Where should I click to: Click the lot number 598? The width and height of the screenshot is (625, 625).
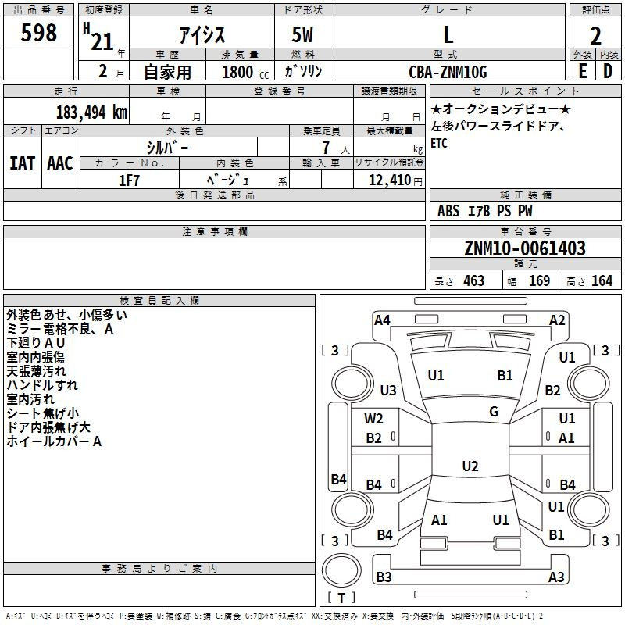40,33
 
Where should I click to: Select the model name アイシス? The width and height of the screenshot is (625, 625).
201,35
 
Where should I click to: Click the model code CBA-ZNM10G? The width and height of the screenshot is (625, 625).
448,72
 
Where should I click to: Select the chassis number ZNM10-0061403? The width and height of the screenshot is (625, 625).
525,248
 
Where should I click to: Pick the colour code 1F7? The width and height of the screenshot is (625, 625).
129,180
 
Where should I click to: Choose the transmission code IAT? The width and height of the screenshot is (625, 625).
22,163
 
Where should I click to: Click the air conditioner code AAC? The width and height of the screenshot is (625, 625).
60,163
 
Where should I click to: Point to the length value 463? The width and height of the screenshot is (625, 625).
473,280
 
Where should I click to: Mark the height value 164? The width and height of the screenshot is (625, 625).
602,280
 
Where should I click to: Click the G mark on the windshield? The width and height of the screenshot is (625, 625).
494,411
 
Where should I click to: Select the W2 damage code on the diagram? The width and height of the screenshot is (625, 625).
374,419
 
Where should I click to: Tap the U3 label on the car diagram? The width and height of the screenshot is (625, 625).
388,391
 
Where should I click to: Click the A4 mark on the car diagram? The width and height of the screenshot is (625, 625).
382,320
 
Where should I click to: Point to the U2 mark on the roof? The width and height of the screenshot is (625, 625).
470,466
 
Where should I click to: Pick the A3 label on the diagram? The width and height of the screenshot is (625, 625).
556,577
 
